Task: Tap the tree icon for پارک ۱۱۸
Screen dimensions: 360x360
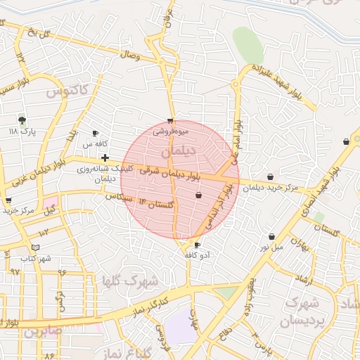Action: click(x=22, y=120)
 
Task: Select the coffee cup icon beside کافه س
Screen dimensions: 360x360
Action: click(x=95, y=134)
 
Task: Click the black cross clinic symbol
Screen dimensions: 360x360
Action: click(x=105, y=157)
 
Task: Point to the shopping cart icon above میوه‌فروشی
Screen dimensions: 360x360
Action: click(x=170, y=121)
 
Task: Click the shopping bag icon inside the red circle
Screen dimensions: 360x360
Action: click(x=198, y=195)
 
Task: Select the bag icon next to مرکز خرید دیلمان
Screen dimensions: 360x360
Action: click(x=270, y=177)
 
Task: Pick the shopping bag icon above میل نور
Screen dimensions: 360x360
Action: click(x=271, y=237)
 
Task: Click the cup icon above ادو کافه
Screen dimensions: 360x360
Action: click(x=197, y=245)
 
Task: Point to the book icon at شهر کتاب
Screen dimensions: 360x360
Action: click(x=35, y=247)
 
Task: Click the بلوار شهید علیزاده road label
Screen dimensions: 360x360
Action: click(x=281, y=84)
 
